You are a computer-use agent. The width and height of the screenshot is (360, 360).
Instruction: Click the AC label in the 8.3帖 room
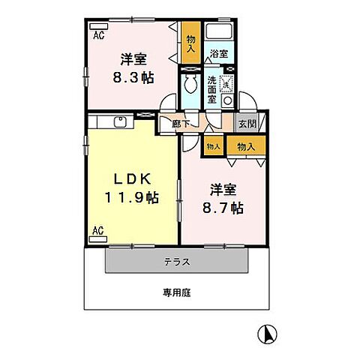point(98,34)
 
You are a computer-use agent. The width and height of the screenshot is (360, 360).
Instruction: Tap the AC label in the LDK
point(98,230)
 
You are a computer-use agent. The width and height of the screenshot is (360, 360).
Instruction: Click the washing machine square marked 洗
point(227,83)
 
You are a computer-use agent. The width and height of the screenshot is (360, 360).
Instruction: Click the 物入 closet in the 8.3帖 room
point(190,43)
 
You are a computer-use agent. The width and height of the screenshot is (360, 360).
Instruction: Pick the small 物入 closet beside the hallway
point(213,146)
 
